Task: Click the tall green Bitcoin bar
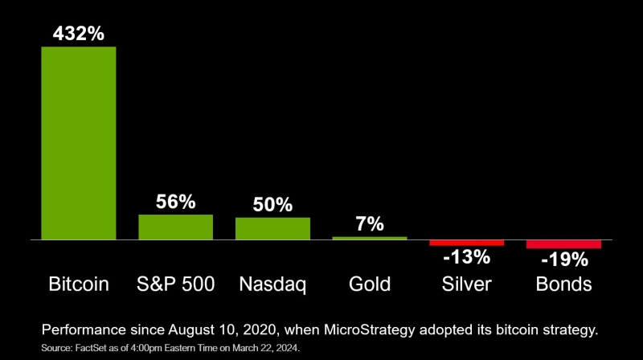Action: click(x=79, y=143)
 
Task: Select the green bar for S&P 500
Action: click(x=176, y=227)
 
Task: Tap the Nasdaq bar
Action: click(x=272, y=229)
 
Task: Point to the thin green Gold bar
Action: click(x=370, y=238)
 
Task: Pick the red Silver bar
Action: click(x=466, y=243)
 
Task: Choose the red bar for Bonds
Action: click(x=563, y=244)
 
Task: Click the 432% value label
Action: click(x=79, y=35)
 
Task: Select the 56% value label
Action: click(x=176, y=202)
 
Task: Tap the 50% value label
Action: click(x=272, y=206)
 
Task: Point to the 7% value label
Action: click(x=370, y=225)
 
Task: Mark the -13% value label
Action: click(x=466, y=258)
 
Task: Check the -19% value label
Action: click(x=563, y=260)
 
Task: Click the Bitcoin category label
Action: click(x=79, y=284)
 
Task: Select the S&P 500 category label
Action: click(x=176, y=284)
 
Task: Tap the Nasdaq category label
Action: click(x=272, y=284)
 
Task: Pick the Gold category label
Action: click(x=370, y=284)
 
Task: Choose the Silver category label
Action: click(x=466, y=284)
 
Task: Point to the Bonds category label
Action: click(x=563, y=284)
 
